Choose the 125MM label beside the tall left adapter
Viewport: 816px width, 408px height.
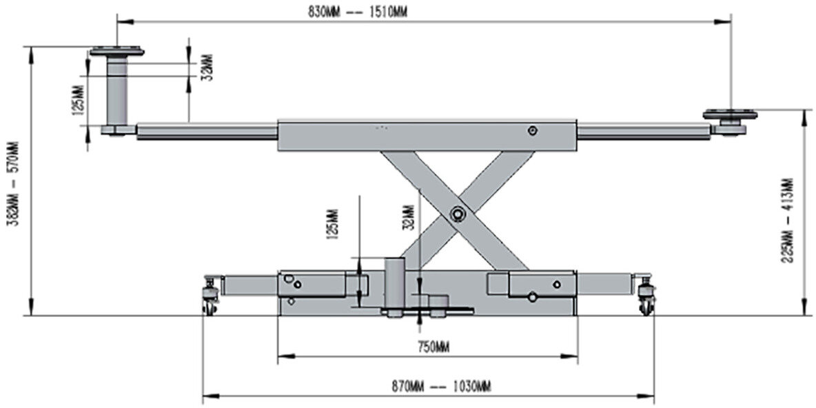[x=78, y=100]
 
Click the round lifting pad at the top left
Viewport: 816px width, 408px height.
[x=116, y=51]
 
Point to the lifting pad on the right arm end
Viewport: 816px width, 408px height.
[x=731, y=115]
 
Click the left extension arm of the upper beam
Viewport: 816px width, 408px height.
[x=207, y=131]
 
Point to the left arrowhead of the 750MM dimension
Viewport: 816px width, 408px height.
[x=281, y=356]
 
